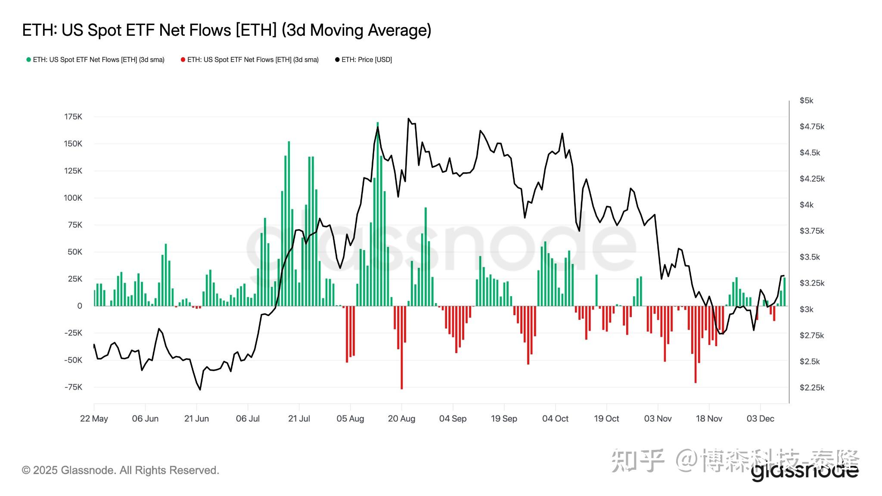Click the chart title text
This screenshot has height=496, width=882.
point(227,30)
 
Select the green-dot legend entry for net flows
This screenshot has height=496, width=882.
point(96,60)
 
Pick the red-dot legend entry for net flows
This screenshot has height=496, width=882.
point(250,60)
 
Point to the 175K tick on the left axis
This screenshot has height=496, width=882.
point(73,117)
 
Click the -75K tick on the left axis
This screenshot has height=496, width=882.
point(73,387)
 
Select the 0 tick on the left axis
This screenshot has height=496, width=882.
point(79,306)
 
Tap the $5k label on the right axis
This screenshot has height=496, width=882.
point(806,101)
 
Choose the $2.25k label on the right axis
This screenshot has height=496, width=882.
point(812,387)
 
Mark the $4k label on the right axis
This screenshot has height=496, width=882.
point(806,205)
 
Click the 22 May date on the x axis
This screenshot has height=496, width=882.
point(94,418)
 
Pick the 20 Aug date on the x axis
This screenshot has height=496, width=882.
point(401,418)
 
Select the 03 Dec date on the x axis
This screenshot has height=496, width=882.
point(760,418)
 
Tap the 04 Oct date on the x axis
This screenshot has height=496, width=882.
point(555,418)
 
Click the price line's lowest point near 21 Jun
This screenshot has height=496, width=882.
point(200,390)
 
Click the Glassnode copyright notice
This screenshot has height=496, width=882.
point(121,470)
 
